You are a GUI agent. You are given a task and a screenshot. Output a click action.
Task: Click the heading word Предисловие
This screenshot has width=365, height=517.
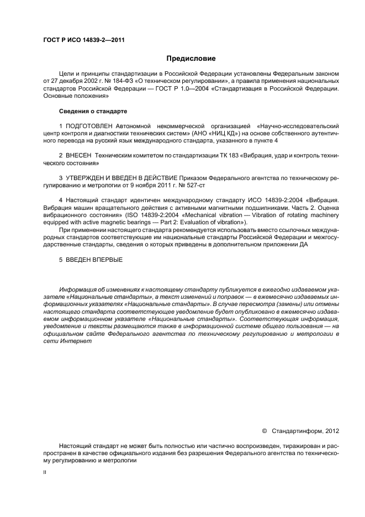pyautogui.click(x=191, y=59)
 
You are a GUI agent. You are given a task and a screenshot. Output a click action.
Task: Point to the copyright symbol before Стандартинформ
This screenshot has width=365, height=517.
pyautogui.click(x=264, y=429)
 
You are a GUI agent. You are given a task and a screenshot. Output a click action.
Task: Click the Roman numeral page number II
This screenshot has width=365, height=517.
pyautogui.click(x=45, y=473)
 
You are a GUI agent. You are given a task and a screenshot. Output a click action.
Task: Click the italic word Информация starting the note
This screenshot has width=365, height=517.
pyautogui.click(x=78, y=289)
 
